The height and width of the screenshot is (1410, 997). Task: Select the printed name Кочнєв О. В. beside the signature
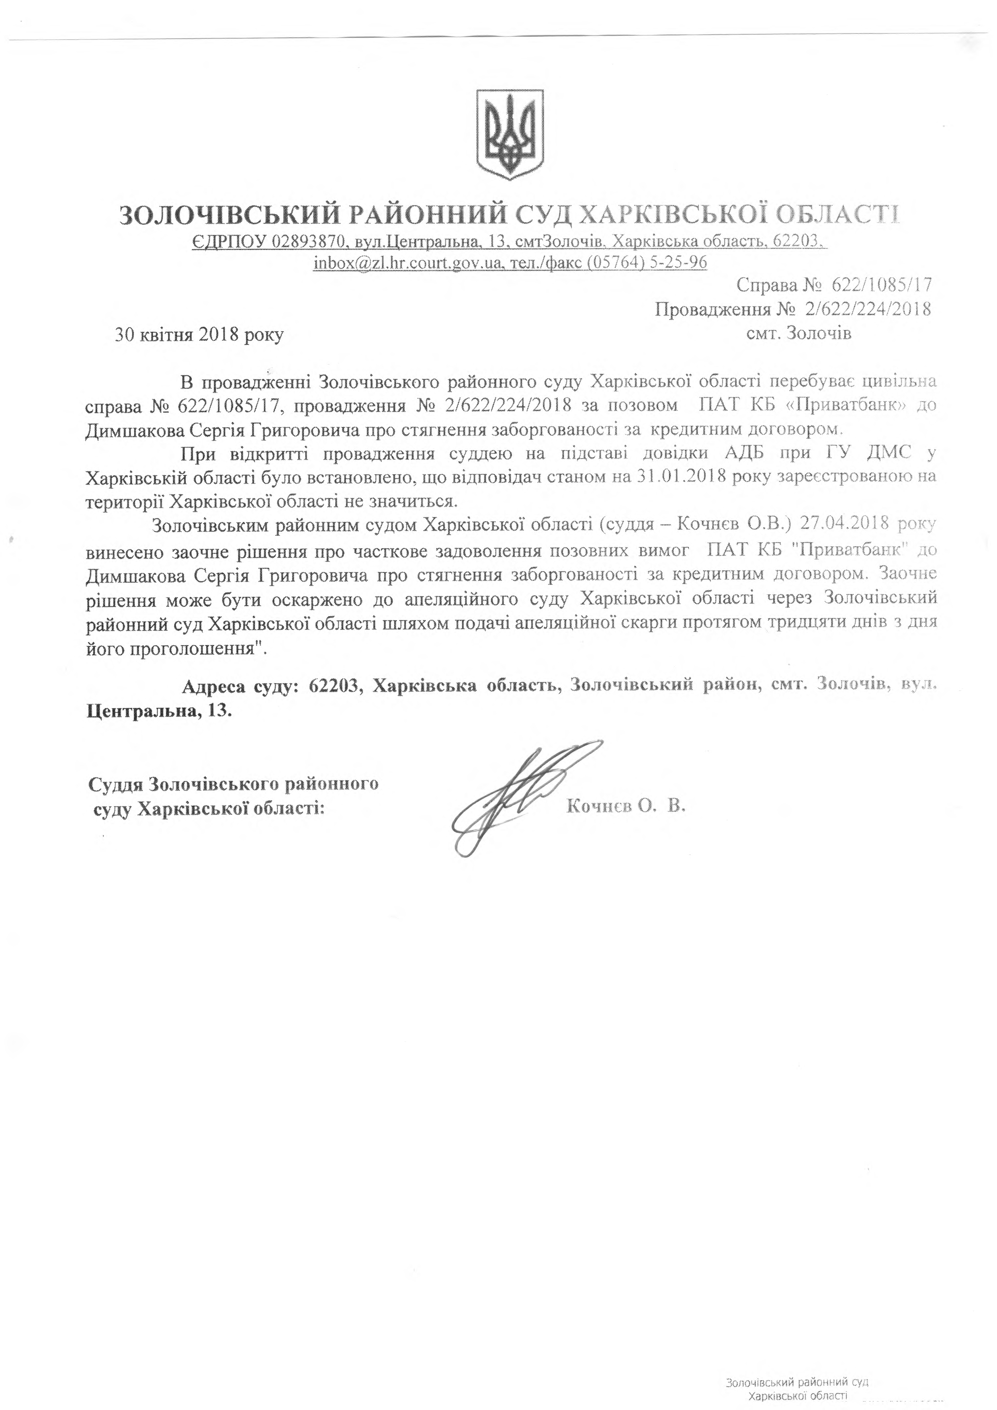click(626, 806)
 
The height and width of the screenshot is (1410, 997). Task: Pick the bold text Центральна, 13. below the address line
click(158, 712)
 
